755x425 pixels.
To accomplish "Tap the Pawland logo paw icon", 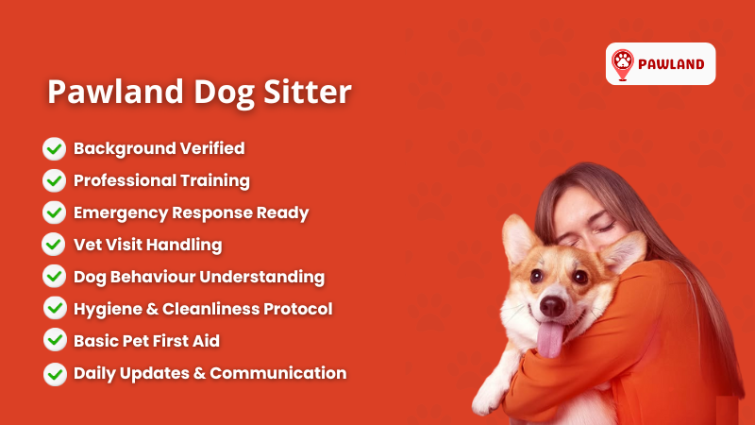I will [623, 63].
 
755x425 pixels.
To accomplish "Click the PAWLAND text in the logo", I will [671, 64].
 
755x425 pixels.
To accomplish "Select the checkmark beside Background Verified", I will [55, 148].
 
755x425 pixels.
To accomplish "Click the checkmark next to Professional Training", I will [55, 180].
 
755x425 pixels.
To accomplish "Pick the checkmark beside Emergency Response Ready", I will [55, 212].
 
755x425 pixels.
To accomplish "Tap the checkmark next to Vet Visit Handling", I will [55, 245].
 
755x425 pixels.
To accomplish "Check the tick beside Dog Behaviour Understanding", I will [55, 277].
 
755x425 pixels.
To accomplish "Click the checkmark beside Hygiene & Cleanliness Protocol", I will [55, 309].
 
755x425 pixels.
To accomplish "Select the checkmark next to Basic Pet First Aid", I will [55, 341].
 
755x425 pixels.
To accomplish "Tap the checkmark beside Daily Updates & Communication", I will [55, 373].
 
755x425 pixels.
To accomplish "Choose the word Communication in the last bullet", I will [278, 373].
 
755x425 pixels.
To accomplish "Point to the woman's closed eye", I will [604, 228].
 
